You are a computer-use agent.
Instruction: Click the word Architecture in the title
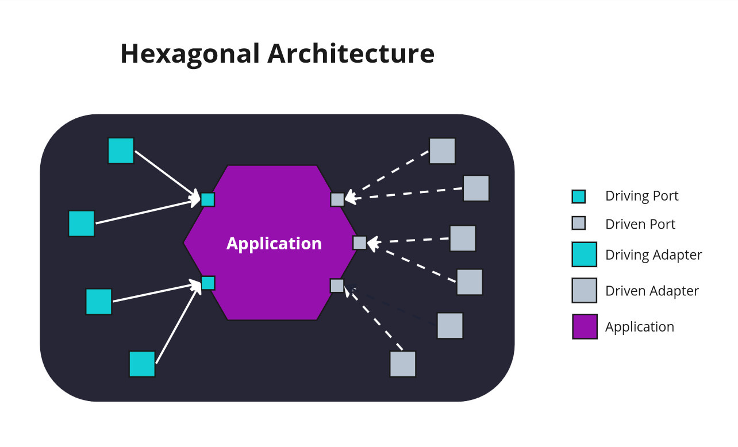pyautogui.click(x=351, y=54)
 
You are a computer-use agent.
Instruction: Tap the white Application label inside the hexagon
pyautogui.click(x=274, y=244)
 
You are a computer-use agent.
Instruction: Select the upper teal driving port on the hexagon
pyautogui.click(x=207, y=199)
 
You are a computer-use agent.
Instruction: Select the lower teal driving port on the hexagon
pyautogui.click(x=207, y=283)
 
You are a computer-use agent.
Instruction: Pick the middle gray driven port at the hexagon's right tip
pyautogui.click(x=359, y=242)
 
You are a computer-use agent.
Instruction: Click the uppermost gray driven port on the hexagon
pyautogui.click(x=337, y=199)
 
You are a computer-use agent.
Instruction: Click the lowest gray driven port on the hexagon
pyautogui.click(x=337, y=286)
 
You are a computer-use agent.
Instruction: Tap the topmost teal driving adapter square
pyautogui.click(x=121, y=151)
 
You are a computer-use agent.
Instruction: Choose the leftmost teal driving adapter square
pyautogui.click(x=81, y=223)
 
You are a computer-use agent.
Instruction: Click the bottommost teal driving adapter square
pyautogui.click(x=142, y=364)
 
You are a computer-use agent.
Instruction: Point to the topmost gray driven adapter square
pyautogui.click(x=442, y=151)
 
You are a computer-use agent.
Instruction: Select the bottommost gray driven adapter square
pyautogui.click(x=402, y=364)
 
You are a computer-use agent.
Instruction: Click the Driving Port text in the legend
pyautogui.click(x=641, y=196)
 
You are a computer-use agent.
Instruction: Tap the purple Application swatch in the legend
pyautogui.click(x=585, y=326)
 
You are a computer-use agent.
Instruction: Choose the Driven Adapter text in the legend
pyautogui.click(x=652, y=291)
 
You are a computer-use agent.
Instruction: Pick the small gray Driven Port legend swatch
pyautogui.click(x=578, y=224)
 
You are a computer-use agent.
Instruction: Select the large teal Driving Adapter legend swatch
pyautogui.click(x=585, y=255)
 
